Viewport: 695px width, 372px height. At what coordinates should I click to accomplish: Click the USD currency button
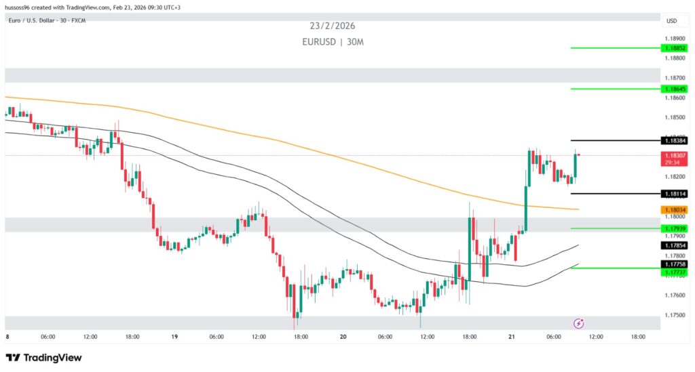pos(671,21)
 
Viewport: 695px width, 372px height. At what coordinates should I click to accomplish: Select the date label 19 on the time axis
pos(176,336)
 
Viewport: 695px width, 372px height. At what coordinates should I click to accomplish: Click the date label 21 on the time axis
pos(512,336)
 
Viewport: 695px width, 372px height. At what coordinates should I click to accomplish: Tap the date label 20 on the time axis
pos(343,336)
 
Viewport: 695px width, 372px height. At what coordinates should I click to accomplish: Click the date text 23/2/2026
pos(332,26)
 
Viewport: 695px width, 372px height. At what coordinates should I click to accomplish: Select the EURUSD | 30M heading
pos(332,42)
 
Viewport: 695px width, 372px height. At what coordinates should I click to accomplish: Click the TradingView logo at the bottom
pos(43,357)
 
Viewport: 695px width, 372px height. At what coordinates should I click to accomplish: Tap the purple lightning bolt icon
pos(579,323)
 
